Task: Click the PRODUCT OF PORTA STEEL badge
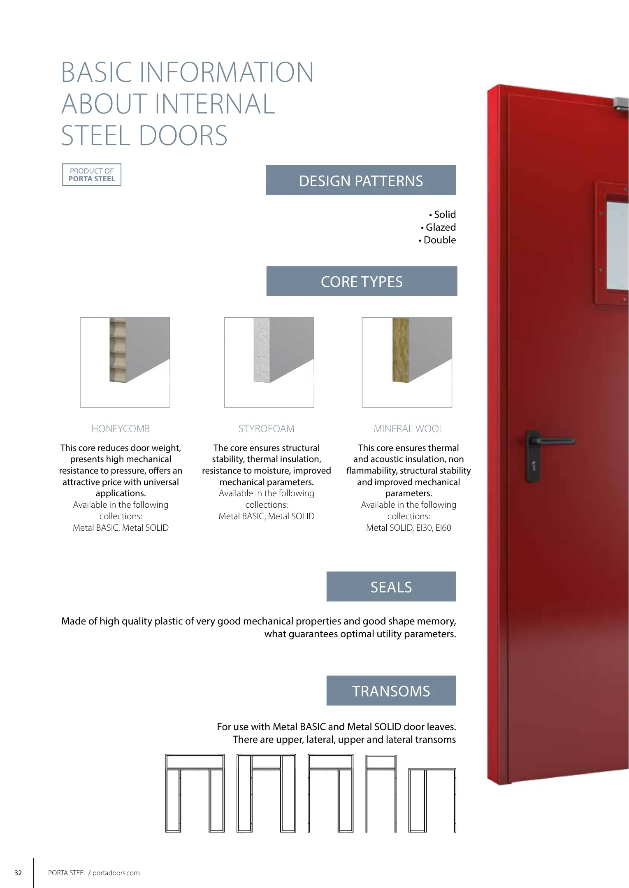pyautogui.click(x=92, y=175)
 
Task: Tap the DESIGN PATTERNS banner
pyautogui.click(x=361, y=180)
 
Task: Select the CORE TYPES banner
pyautogui.click(x=362, y=281)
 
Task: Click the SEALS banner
pyautogui.click(x=391, y=587)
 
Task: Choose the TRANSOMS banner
pyautogui.click(x=391, y=691)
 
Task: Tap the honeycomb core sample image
pyautogui.click(x=125, y=362)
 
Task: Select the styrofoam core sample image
pyautogui.click(x=269, y=362)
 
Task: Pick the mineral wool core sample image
pyautogui.click(x=407, y=362)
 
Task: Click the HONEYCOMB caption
pyautogui.click(x=121, y=429)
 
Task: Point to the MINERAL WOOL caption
pyautogui.click(x=409, y=429)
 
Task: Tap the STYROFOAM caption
pyautogui.click(x=267, y=429)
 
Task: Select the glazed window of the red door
pyautogui.click(x=617, y=245)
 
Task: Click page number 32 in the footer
pyautogui.click(x=18, y=873)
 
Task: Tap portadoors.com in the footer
pyautogui.click(x=116, y=873)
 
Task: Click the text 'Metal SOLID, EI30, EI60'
pyautogui.click(x=409, y=528)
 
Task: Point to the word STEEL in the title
pyautogui.click(x=96, y=136)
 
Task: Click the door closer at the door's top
pyautogui.click(x=621, y=104)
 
